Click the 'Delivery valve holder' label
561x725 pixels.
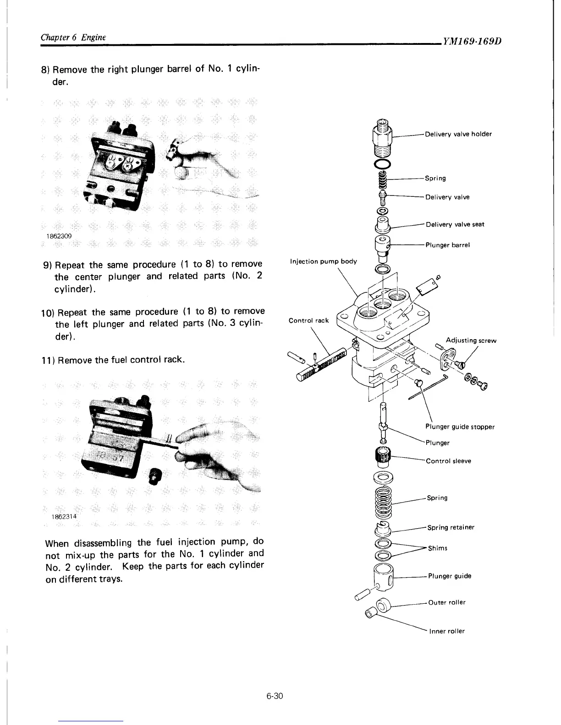pos(458,134)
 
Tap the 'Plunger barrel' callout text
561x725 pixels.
pos(448,245)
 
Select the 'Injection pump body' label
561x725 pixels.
pos(323,261)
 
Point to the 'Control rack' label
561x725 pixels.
pos(308,320)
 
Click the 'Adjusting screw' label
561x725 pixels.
pos(471,341)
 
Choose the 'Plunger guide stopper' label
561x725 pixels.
pos(460,427)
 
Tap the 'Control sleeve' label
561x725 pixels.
pos(448,461)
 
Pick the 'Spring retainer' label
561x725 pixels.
pos(451,527)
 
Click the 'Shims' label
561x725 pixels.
pos(437,548)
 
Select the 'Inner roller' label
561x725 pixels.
pos(447,631)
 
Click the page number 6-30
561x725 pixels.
pos(275,684)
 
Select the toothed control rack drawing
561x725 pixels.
pos(325,363)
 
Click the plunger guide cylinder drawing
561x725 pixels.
pos(383,578)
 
